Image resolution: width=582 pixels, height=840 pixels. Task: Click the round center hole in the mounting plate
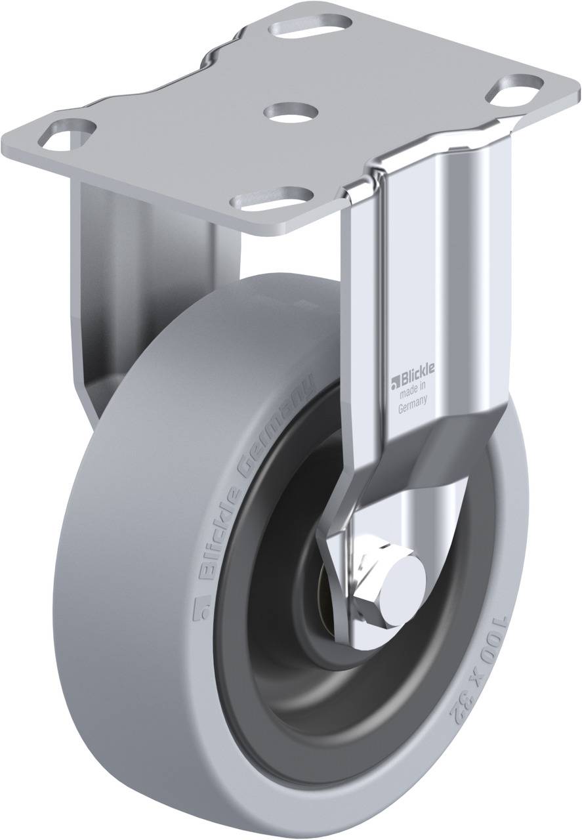pos(291,112)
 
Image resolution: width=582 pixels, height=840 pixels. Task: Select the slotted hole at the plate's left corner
pos(67,134)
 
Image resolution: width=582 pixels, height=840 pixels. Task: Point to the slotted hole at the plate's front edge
pos(272,198)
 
